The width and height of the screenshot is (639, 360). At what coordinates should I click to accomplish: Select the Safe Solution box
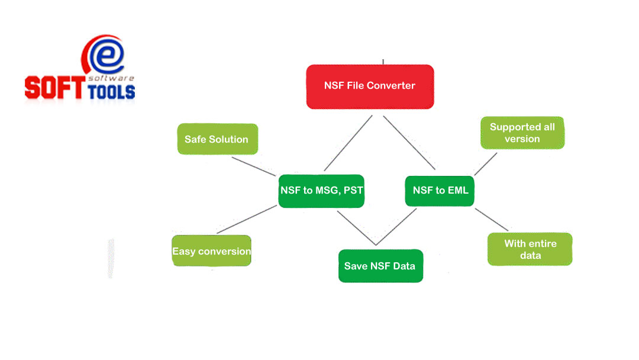(217, 139)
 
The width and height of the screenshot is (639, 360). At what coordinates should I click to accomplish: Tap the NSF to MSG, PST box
(321, 191)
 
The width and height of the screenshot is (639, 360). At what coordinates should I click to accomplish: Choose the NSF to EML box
(440, 190)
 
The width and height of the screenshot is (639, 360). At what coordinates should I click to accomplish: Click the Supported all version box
(522, 133)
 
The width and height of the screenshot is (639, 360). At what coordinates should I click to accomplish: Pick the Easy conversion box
(211, 251)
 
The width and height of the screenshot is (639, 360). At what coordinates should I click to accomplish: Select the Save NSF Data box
(380, 266)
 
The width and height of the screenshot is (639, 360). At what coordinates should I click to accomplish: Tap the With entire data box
(530, 249)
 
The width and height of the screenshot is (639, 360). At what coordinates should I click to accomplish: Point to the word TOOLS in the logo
(111, 91)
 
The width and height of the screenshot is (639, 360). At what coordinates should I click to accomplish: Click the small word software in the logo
(119, 78)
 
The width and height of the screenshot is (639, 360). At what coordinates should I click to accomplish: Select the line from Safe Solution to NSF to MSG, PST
(254, 166)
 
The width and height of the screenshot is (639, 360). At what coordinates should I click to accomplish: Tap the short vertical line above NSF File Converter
(383, 62)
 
